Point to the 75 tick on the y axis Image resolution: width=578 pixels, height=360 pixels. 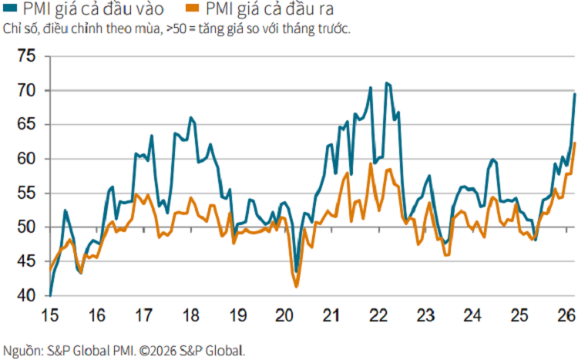25,56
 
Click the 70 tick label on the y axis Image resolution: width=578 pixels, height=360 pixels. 25,91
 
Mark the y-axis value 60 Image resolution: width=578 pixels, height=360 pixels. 25,159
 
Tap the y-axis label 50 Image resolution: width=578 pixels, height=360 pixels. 25,227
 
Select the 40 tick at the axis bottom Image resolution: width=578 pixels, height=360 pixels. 25,295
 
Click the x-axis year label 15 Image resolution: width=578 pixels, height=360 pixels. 50,315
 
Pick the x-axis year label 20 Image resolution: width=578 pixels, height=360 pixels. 284,315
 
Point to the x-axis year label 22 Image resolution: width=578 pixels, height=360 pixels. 378,315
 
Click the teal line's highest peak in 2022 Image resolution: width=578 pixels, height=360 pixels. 387,82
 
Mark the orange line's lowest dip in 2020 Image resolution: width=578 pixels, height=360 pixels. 297,287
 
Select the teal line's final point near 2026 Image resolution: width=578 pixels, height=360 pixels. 575,94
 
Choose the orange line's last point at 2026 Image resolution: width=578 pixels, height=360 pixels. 575,143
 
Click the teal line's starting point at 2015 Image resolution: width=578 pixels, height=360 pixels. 50,294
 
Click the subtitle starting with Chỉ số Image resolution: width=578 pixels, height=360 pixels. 176,30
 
